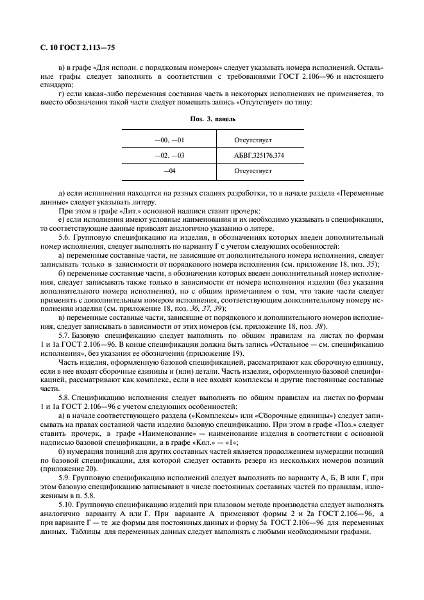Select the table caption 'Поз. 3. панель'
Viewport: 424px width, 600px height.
[212, 119]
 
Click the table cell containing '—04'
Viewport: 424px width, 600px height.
[169, 171]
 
